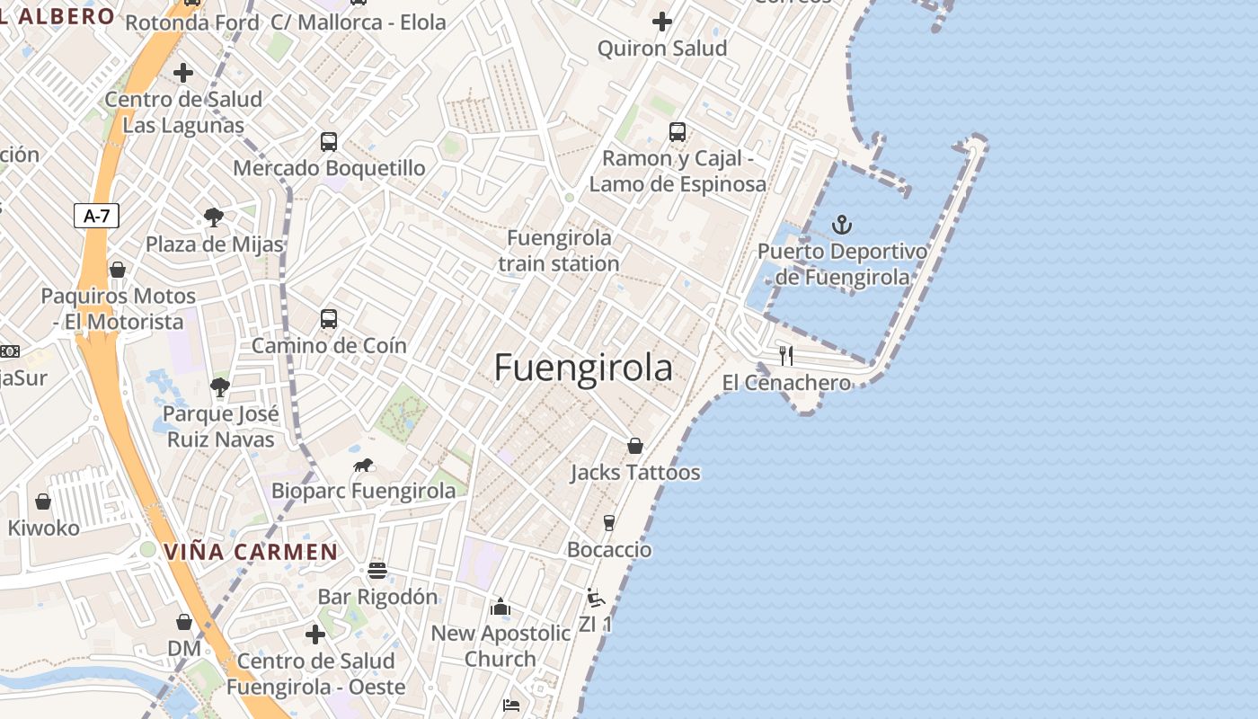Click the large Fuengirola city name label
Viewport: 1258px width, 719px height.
[583, 368]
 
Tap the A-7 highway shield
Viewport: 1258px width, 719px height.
[96, 216]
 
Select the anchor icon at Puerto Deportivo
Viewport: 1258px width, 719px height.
[842, 225]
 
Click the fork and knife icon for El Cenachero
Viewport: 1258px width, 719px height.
[786, 355]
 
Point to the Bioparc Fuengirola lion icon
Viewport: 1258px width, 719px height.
[363, 466]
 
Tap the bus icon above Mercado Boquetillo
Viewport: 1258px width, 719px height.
[329, 141]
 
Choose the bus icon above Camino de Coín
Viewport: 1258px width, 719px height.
[329, 318]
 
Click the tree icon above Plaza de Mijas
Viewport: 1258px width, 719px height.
[214, 217]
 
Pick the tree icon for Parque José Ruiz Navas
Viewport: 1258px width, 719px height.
[220, 387]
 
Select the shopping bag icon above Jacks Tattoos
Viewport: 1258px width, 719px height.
[635, 446]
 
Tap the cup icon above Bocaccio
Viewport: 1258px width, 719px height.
[609, 523]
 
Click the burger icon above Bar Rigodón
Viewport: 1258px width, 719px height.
[377, 571]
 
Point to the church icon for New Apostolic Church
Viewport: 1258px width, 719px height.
[501, 608]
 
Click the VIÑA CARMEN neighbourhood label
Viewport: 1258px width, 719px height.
[251, 552]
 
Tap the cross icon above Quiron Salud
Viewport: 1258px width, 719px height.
[662, 21]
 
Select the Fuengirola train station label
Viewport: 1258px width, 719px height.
[559, 251]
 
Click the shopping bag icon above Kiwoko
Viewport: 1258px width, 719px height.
[43, 502]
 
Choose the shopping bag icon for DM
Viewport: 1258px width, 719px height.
[184, 622]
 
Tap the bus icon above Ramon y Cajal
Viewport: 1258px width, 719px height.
[678, 132]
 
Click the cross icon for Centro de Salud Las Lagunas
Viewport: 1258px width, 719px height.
[183, 73]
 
